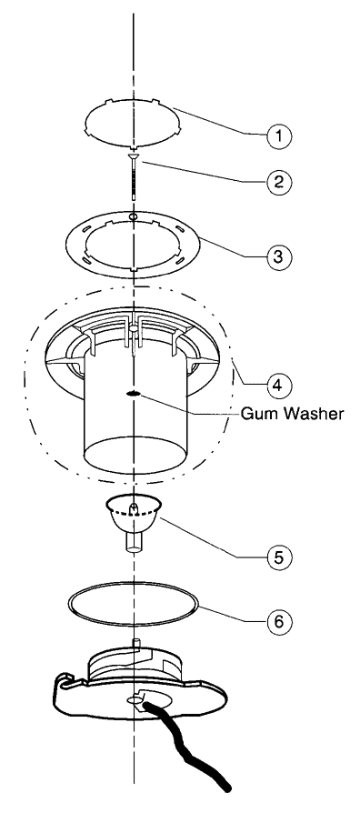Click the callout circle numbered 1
point(279,135)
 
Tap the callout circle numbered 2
point(279,182)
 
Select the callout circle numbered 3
point(279,256)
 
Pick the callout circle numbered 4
point(279,386)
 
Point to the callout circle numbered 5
point(279,557)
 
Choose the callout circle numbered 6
point(279,622)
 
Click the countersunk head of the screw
point(135,156)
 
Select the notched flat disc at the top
point(134,121)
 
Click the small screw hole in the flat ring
point(134,216)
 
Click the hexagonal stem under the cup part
point(135,543)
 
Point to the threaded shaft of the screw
point(135,178)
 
